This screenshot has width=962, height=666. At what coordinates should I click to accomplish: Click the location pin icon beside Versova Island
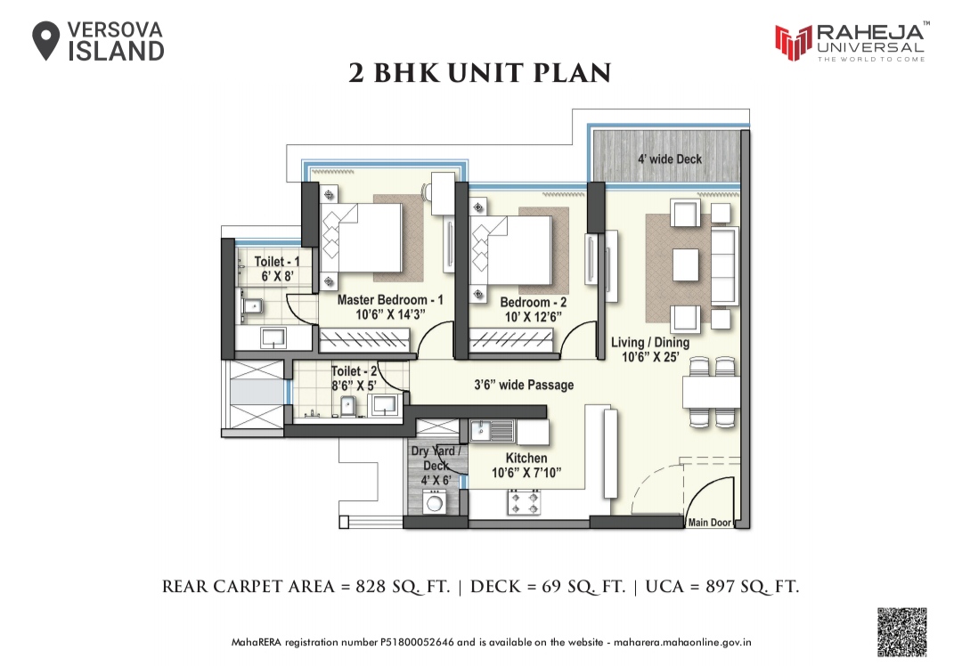point(46,41)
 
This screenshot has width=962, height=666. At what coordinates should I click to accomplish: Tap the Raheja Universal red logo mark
point(792,40)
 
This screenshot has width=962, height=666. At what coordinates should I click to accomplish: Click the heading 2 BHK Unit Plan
point(480,73)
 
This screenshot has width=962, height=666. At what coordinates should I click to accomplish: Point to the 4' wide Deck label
point(669,159)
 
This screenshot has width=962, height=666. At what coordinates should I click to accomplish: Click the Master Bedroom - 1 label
point(389,300)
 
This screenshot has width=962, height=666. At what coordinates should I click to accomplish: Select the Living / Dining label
point(649,342)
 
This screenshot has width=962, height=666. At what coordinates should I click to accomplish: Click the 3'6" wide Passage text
point(523,385)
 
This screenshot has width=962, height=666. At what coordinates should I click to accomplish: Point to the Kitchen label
point(526,458)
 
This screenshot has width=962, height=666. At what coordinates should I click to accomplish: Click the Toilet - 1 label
point(276,261)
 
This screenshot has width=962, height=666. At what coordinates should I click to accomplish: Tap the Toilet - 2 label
point(354,370)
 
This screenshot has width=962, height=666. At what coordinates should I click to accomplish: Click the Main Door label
point(709,523)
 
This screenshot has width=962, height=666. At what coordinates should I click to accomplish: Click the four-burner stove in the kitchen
point(523,504)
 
